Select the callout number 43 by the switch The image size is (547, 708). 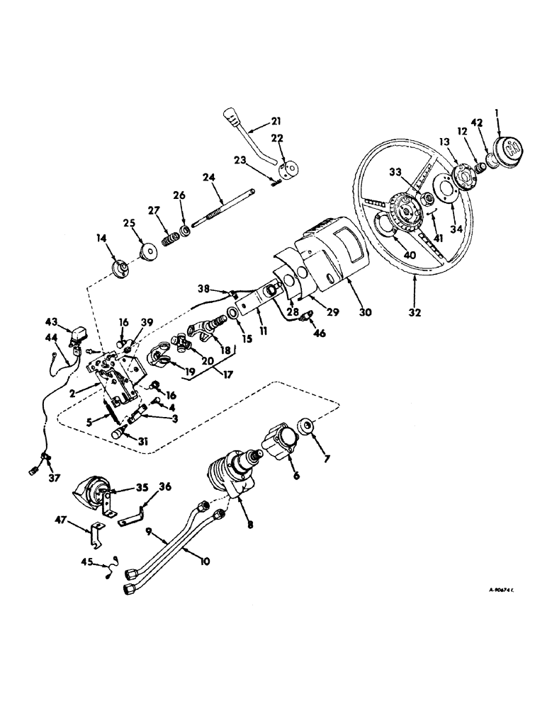[62, 320]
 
